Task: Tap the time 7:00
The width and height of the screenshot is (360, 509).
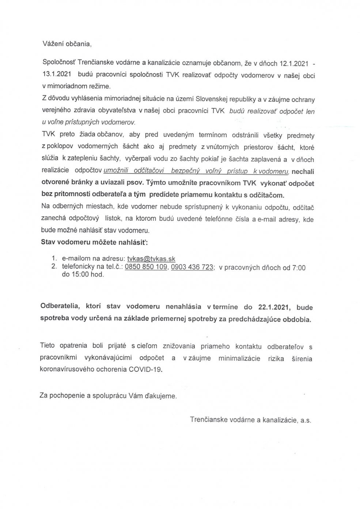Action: point(299,267)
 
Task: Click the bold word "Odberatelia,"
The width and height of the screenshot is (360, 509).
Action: point(60,307)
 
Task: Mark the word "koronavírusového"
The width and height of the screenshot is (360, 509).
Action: point(64,369)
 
